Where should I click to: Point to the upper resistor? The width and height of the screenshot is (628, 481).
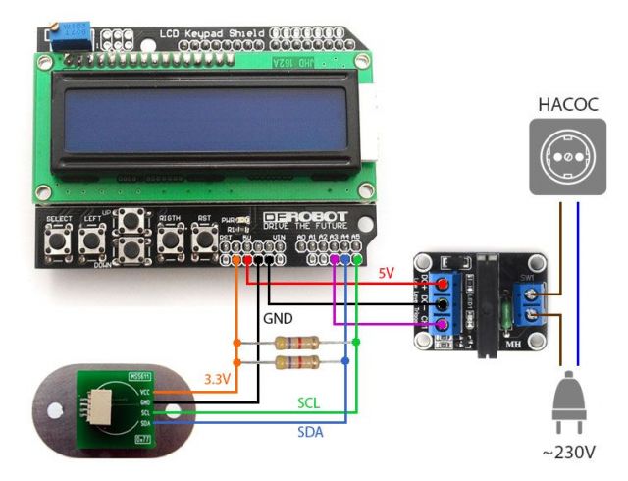(295, 343)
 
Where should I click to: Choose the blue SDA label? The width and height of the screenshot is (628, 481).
(311, 432)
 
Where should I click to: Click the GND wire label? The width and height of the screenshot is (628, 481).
(280, 319)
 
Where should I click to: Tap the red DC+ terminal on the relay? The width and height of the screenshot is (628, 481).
(444, 286)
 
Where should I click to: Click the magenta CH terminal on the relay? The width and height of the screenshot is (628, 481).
(444, 325)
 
